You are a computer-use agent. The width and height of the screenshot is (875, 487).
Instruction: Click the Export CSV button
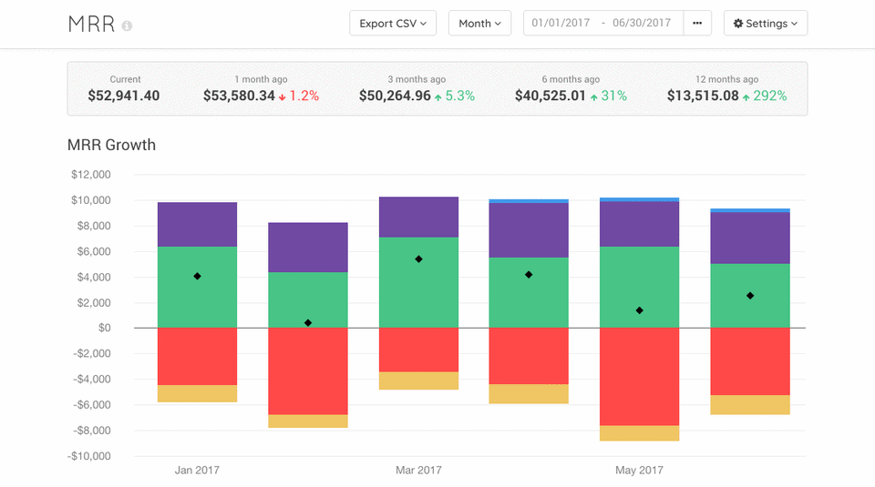coord(393,24)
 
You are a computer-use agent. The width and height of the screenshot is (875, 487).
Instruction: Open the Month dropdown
coord(479,24)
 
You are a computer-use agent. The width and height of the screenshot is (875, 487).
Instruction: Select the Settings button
coord(765,24)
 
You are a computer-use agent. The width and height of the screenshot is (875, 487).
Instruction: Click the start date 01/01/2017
coord(561,24)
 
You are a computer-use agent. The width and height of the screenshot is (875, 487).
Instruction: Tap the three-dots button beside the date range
coord(697,24)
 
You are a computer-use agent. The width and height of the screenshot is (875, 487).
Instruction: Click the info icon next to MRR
coord(127,25)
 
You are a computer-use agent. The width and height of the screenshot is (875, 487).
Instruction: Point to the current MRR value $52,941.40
coord(124,96)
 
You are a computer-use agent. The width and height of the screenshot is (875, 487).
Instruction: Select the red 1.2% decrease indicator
coord(299,96)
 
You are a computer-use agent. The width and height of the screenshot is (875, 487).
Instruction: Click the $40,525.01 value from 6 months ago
coord(551,96)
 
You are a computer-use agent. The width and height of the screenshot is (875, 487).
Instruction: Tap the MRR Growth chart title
coord(111,145)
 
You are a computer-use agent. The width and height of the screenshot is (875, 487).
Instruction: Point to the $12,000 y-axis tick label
coord(90,175)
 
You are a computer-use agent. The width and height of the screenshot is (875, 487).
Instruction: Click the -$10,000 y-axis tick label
coord(88,456)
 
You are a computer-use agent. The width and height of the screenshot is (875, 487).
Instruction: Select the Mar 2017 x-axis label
coord(418,471)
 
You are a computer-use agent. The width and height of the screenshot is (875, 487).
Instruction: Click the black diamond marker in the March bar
coord(418,259)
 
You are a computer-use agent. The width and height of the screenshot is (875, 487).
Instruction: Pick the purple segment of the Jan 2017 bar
coord(197,224)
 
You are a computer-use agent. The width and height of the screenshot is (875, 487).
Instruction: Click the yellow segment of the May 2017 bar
coord(639,433)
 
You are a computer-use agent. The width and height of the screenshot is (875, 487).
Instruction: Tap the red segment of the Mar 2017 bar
coord(418,350)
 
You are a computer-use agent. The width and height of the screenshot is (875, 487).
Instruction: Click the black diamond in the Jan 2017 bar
coord(197,276)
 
